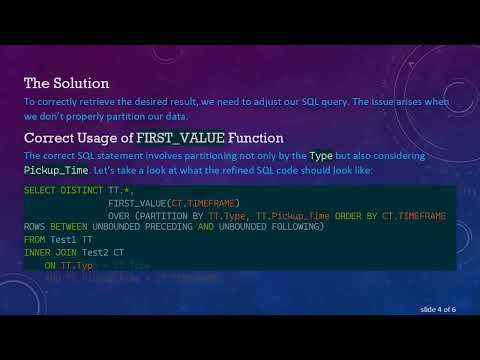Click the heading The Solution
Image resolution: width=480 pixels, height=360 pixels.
[66, 82]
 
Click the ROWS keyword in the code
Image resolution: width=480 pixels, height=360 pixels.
[35, 227]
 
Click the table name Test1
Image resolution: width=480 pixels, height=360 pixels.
[65, 241]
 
